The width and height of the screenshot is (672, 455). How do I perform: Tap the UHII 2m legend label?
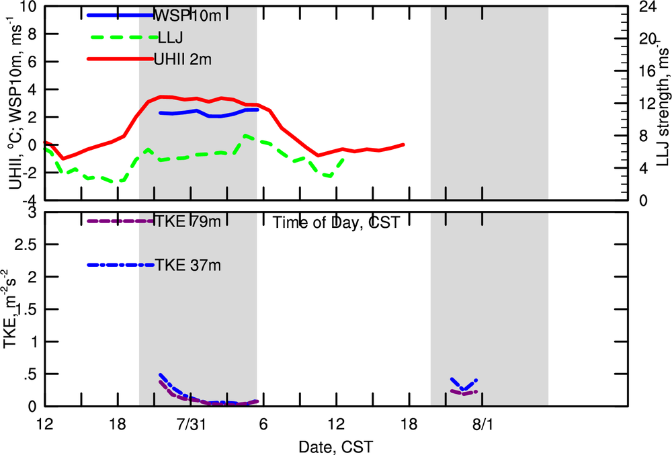[x=183, y=59]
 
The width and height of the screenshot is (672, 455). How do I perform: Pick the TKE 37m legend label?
[x=187, y=265]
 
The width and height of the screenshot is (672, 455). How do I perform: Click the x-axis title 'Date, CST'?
[x=336, y=446]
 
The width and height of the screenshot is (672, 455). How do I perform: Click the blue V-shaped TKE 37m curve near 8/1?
[x=464, y=385]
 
